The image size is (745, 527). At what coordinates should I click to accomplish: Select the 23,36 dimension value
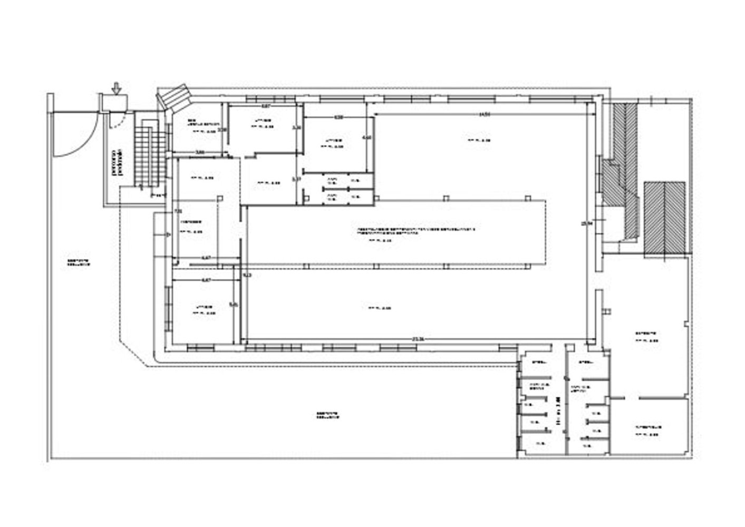(418, 339)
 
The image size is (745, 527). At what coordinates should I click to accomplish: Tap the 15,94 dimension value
(584, 223)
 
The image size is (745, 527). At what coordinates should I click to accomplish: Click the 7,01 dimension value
(178, 211)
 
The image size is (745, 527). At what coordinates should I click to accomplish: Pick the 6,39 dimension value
(339, 117)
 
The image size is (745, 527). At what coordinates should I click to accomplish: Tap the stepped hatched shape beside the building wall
(623, 174)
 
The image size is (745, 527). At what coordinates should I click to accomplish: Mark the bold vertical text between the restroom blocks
(558, 412)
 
